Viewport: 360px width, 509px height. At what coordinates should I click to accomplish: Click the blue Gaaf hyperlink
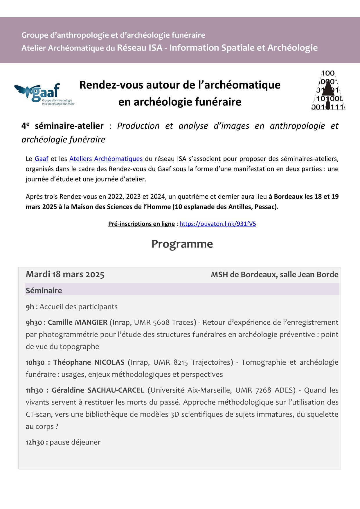point(42,159)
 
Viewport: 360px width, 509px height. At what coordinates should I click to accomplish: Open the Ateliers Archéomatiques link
point(106,159)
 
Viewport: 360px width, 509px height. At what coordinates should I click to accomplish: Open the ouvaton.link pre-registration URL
point(218,224)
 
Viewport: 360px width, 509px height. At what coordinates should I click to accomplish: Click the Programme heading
point(182,244)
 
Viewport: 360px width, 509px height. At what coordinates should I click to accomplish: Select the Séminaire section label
point(44,291)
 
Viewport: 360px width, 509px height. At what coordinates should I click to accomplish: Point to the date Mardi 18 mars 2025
point(65,274)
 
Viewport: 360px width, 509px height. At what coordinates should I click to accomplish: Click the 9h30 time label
point(34,323)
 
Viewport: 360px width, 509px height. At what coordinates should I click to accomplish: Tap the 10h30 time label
point(35,363)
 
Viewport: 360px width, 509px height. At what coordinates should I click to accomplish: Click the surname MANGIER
point(91,323)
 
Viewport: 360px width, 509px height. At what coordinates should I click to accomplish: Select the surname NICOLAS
point(109,363)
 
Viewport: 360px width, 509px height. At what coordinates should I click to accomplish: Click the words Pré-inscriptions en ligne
point(141,224)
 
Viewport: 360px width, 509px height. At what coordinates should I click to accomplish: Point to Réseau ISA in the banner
point(140,48)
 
